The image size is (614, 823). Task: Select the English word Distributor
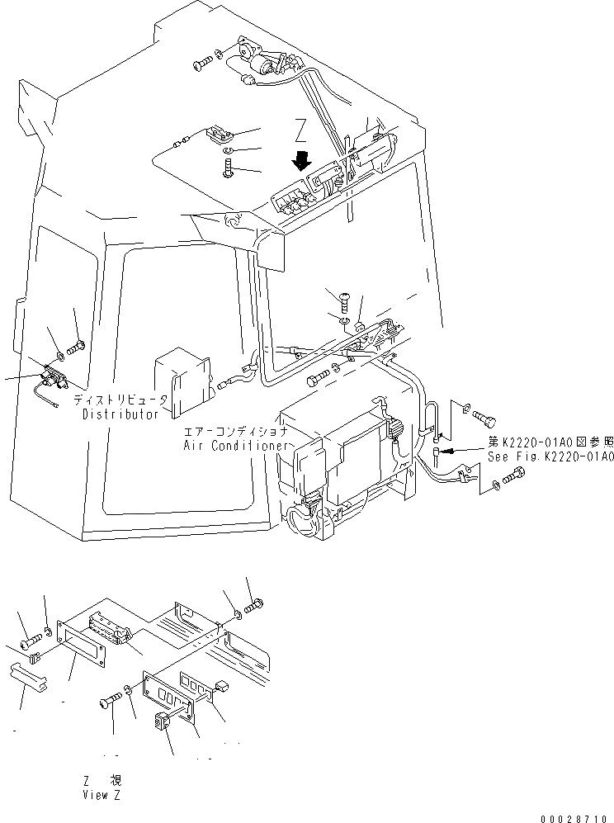120,414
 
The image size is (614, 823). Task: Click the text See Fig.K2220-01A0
550,456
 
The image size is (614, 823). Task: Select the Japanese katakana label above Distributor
120,400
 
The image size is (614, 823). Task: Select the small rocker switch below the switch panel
160,722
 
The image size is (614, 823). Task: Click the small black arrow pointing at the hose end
445,452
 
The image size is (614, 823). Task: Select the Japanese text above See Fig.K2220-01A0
550,442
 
